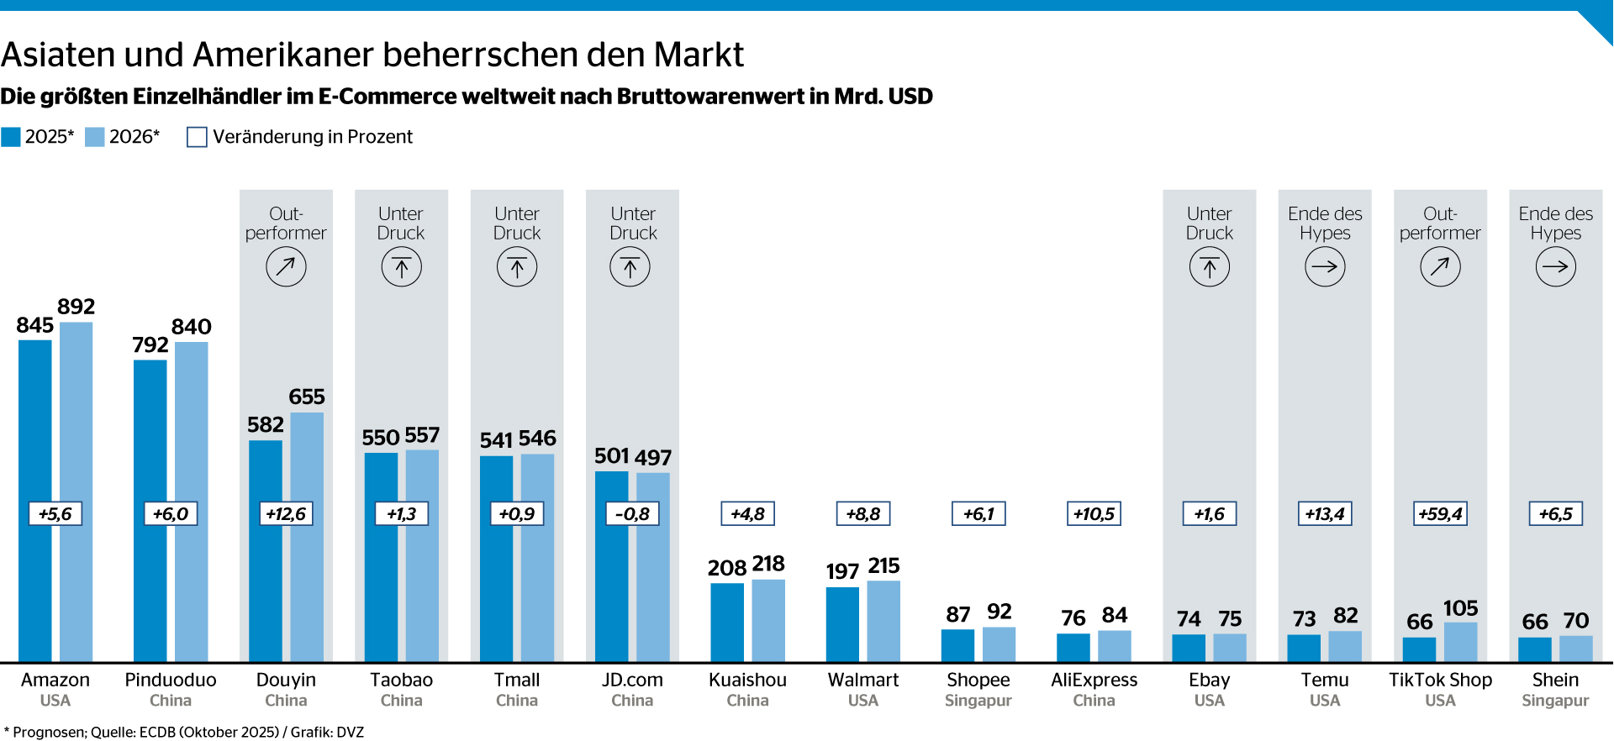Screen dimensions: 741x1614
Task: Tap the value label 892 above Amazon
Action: pos(76,307)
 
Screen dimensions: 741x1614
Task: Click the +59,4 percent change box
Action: pos(1440,514)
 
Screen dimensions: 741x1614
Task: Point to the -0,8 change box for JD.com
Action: pos(632,514)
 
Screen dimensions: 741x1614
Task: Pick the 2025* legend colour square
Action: pos(11,137)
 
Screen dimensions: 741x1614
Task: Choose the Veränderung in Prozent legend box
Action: pos(197,137)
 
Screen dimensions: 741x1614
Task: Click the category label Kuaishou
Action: pos(747,680)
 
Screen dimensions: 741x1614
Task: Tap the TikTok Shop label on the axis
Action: pos(1440,680)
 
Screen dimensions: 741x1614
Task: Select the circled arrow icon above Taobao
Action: pos(402,267)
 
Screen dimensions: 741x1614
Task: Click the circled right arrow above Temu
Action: pos(1325,267)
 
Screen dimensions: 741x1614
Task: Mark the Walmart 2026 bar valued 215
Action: pos(883,622)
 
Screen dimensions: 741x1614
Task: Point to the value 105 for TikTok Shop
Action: pos(1460,608)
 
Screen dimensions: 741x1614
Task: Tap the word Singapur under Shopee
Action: pos(978,701)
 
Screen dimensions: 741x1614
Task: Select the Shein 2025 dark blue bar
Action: pos(1535,649)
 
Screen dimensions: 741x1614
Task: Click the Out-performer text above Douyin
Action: pos(286,223)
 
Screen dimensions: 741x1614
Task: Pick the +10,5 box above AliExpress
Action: pos(1094,514)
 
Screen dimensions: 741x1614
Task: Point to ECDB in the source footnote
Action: pos(157,732)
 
